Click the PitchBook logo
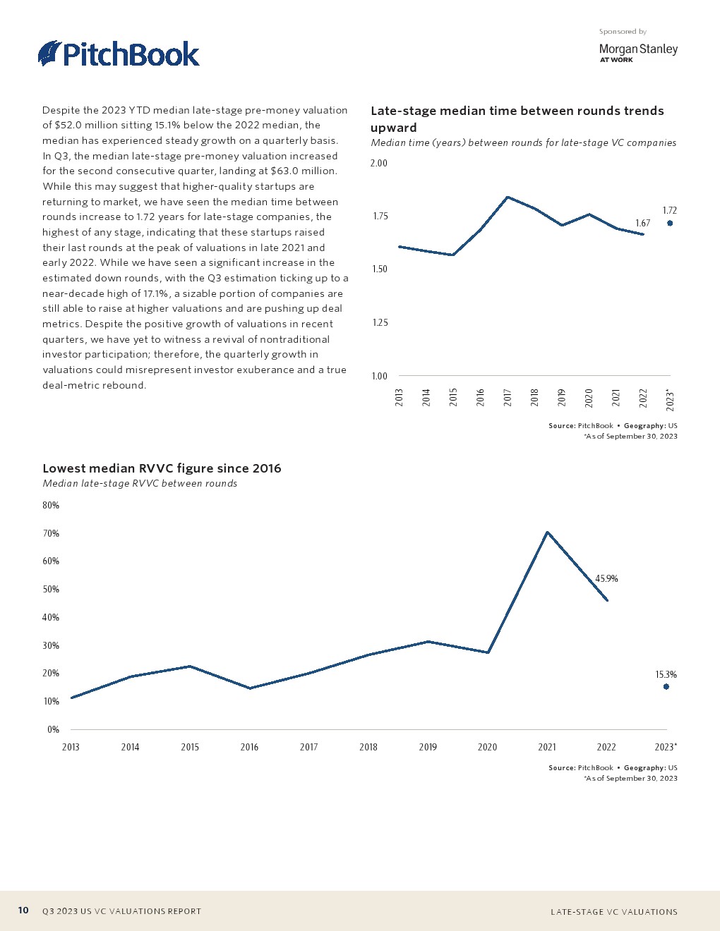click(119, 54)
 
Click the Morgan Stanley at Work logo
click(637, 52)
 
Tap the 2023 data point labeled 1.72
click(670, 223)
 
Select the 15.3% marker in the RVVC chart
click(666, 686)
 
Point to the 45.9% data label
click(606, 578)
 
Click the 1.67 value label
click(642, 223)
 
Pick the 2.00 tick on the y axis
click(379, 163)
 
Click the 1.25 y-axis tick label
click(379, 322)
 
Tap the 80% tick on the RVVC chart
click(51, 505)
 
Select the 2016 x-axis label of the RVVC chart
click(249, 747)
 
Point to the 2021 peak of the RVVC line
click(547, 532)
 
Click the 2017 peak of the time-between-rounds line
click(508, 197)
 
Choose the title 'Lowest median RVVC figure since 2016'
click(162, 468)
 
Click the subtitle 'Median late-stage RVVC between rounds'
click(140, 483)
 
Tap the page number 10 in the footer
click(23, 910)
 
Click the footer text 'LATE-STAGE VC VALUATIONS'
click(613, 911)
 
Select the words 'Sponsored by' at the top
click(623, 31)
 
